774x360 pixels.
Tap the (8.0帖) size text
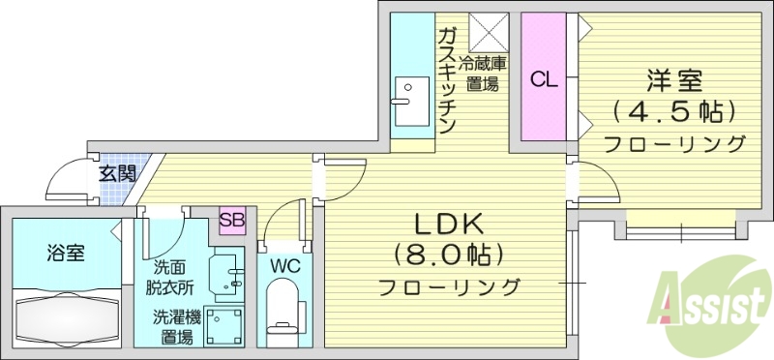[x=448, y=255]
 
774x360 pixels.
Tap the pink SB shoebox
[x=231, y=220]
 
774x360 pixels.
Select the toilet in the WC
[x=283, y=308]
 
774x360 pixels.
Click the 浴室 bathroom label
[x=66, y=254]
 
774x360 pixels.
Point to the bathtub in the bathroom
[x=66, y=317]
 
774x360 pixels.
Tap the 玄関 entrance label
[x=117, y=175]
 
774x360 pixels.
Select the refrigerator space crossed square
[x=488, y=32]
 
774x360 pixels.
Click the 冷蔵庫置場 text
[x=483, y=74]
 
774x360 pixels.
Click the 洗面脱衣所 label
[x=170, y=277]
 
